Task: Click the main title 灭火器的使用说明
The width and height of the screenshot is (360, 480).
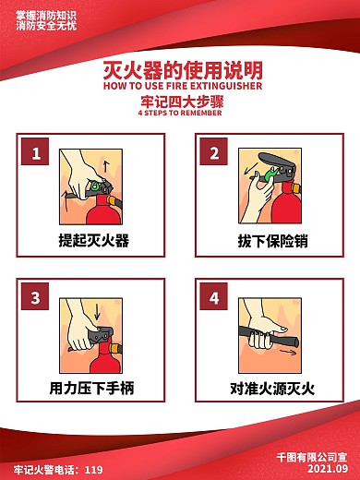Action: tap(181, 70)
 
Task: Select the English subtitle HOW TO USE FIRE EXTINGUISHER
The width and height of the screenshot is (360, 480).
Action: tap(181, 85)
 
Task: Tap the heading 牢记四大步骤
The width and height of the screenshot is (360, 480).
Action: tap(181, 102)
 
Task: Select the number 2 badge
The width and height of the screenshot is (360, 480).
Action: tap(214, 153)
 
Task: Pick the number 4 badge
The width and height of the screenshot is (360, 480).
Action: tap(214, 298)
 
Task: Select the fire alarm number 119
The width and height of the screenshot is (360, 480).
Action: tap(93, 470)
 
